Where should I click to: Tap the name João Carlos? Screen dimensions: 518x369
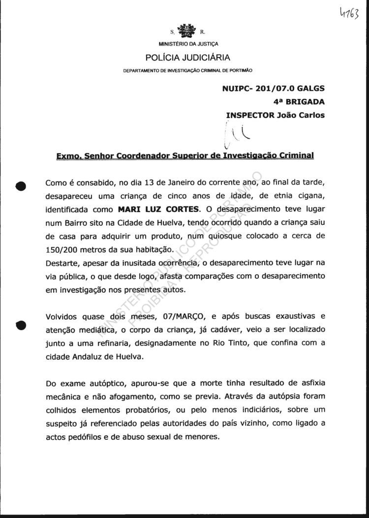click(301, 115)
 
